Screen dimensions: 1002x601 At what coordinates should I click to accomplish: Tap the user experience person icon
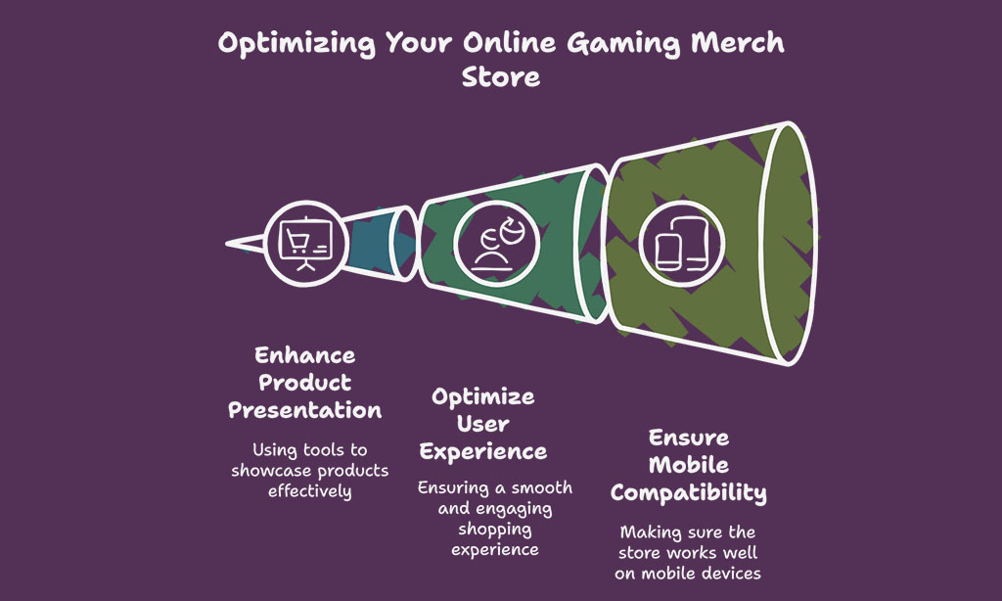pyautogui.click(x=497, y=244)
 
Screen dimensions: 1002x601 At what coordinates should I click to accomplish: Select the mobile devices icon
pyautogui.click(x=681, y=244)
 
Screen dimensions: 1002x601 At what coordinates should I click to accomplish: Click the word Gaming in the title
pyautogui.click(x=623, y=44)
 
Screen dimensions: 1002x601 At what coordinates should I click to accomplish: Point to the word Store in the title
pyautogui.click(x=500, y=76)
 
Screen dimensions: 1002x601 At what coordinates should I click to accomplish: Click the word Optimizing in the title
pyautogui.click(x=296, y=44)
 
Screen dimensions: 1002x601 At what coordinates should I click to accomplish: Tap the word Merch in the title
pyautogui.click(x=738, y=43)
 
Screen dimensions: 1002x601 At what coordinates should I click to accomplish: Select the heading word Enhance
pyautogui.click(x=305, y=355)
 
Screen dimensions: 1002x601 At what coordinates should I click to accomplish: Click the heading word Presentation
pyautogui.click(x=305, y=410)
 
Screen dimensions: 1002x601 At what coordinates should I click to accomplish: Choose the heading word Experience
pyautogui.click(x=483, y=452)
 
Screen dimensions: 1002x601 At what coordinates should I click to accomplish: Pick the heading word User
pyautogui.click(x=483, y=424)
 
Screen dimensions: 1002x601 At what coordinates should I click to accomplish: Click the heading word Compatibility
pyautogui.click(x=688, y=493)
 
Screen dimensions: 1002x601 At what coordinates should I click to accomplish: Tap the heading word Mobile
pyautogui.click(x=688, y=465)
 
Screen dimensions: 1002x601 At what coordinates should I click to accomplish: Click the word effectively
pyautogui.click(x=310, y=491)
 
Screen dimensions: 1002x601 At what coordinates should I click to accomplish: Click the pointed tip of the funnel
pyautogui.click(x=227, y=244)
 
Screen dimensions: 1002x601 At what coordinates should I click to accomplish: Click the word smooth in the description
pyautogui.click(x=541, y=487)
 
